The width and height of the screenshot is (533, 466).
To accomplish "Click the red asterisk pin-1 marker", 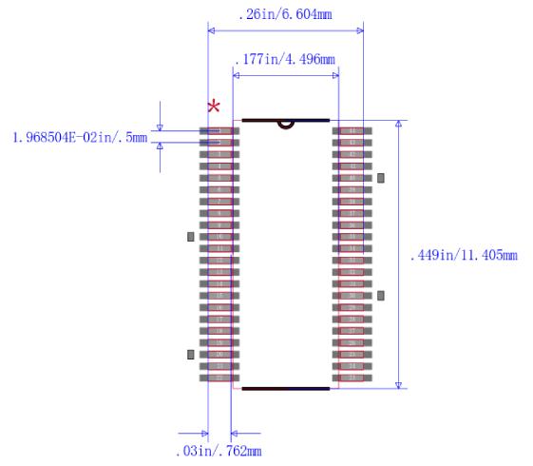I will tap(215, 106).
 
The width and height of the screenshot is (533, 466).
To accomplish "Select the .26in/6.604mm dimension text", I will tap(284, 15).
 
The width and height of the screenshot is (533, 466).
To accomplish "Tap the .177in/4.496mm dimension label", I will tap(284, 60).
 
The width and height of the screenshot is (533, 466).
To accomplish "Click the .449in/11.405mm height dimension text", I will tap(463, 255).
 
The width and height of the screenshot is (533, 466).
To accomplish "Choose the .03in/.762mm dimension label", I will tap(219, 450).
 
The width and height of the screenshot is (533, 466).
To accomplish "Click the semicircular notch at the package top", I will tap(285, 124).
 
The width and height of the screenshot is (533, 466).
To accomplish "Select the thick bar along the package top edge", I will tap(285, 121).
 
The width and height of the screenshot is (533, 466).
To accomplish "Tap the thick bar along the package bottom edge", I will tap(285, 388).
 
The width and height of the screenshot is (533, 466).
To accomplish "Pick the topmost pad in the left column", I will tap(219, 130).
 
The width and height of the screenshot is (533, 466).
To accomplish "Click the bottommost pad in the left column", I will tap(219, 378).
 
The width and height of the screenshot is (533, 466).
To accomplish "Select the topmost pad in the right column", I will tap(352, 130).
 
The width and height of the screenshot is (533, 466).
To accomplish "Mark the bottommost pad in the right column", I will tap(352, 378).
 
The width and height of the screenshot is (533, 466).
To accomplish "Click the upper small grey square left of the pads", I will tap(191, 236).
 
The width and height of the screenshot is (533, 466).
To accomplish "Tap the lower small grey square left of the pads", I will tap(191, 354).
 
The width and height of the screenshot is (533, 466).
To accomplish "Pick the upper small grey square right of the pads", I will tap(381, 178).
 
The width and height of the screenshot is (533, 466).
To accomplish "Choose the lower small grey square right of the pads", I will tap(381, 296).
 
